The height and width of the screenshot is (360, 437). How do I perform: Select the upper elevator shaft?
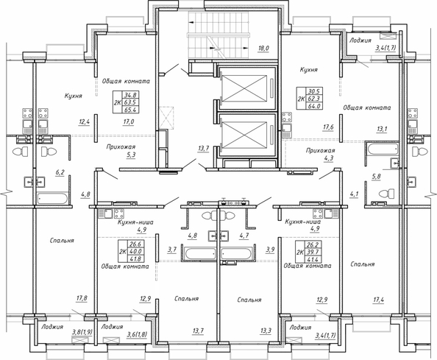[246, 87]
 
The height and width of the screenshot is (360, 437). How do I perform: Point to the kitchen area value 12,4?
[85, 121]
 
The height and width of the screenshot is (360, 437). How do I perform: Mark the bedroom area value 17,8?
[82, 298]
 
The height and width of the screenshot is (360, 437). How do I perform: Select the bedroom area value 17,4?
[378, 300]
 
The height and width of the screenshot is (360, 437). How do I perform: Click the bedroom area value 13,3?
[266, 331]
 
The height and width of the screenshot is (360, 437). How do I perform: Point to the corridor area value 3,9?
[270, 250]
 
